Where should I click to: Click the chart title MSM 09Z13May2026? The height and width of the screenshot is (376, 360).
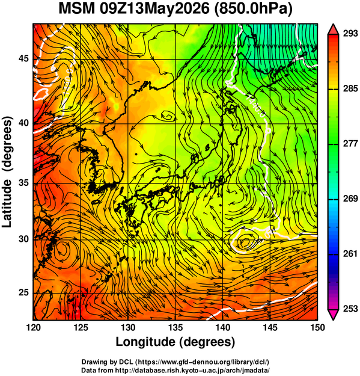click(134, 9)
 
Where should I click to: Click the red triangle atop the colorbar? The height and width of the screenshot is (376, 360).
click(333, 30)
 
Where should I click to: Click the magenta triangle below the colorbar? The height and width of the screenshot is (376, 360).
click(333, 315)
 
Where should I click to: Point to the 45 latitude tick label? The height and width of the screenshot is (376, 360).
click(23, 58)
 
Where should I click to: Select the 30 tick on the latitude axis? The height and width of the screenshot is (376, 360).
click(23, 239)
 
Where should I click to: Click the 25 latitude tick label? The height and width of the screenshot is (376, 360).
click(23, 293)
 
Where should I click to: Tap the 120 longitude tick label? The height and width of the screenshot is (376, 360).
click(33, 327)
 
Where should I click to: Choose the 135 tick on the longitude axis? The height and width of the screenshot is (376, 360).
click(175, 327)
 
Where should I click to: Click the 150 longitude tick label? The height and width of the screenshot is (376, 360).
click(317, 327)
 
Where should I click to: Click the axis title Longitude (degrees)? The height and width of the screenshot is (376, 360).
click(175, 342)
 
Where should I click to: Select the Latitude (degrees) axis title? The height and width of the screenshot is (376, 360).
click(7, 172)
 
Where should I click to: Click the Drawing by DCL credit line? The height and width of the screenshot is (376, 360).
click(175, 362)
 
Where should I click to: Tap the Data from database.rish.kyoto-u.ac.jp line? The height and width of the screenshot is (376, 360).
click(175, 370)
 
